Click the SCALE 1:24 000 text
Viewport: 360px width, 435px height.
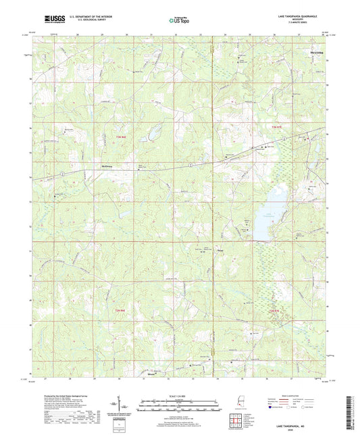pos(179,395)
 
